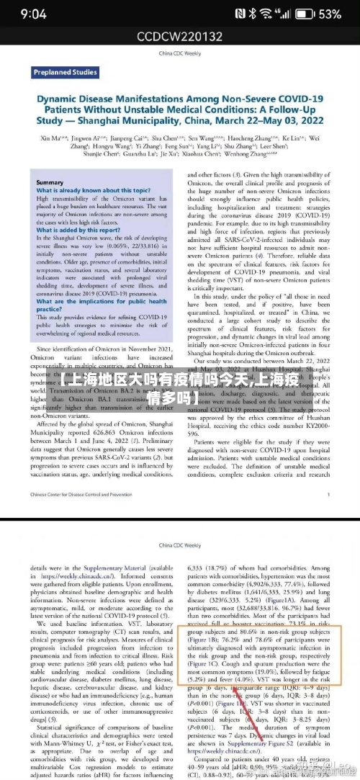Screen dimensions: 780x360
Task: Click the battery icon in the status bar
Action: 305,14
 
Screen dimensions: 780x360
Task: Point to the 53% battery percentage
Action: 330,14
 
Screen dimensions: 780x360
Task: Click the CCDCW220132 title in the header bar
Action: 179,36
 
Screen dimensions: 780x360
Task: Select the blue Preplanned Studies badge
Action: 66,72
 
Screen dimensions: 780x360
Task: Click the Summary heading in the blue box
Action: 49,183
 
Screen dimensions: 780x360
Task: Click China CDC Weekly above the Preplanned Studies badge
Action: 179,53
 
